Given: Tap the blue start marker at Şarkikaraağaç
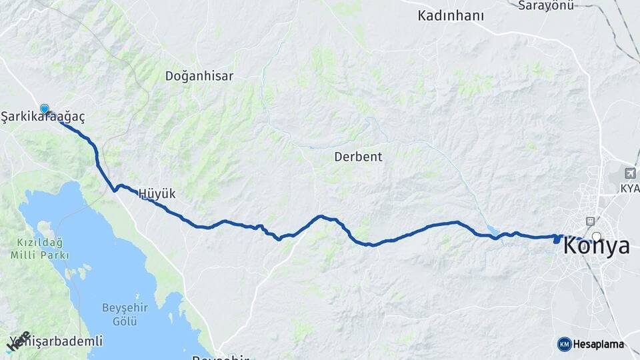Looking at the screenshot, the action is pyautogui.click(x=45, y=109).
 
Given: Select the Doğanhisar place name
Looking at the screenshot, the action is pyautogui.click(x=199, y=76).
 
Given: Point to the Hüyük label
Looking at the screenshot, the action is pyautogui.click(x=157, y=194).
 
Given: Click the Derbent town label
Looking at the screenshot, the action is pyautogui.click(x=359, y=157).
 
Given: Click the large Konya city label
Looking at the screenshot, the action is pyautogui.click(x=596, y=246).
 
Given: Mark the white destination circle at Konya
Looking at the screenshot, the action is pyautogui.click(x=596, y=236).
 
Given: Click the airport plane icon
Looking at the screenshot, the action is pyautogui.click(x=629, y=172).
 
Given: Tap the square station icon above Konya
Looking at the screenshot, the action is pyautogui.click(x=589, y=221).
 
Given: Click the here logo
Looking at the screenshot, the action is pyautogui.click(x=18, y=341).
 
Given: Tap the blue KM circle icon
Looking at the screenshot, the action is pyautogui.click(x=564, y=344).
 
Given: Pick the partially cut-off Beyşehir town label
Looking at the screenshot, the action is pyautogui.click(x=220, y=357).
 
